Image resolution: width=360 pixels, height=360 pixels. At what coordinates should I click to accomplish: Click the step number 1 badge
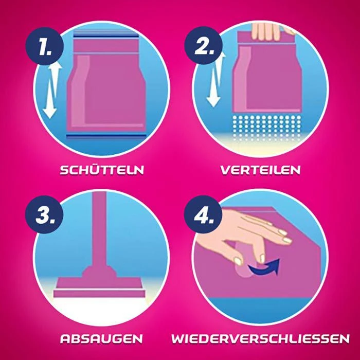click(x=44, y=46)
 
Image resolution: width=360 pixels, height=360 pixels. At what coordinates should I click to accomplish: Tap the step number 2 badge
click(x=203, y=46)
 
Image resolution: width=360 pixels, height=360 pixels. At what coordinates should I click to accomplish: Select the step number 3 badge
click(x=44, y=214)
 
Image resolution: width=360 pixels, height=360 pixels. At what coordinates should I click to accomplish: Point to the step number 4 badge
click(x=203, y=214)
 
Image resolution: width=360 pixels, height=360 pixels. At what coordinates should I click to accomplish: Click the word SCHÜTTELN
click(x=102, y=169)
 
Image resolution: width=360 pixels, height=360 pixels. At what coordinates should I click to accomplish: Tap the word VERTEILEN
click(x=261, y=170)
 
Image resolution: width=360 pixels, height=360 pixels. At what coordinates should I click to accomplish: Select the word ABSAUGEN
click(x=101, y=338)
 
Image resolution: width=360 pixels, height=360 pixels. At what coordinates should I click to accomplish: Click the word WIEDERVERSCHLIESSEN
click(x=261, y=338)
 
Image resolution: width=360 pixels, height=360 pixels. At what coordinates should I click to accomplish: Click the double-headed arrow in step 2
click(x=216, y=78)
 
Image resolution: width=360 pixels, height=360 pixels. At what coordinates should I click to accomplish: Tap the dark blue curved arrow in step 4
click(x=265, y=267)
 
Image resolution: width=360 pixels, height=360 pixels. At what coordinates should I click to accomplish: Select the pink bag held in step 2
click(x=267, y=71)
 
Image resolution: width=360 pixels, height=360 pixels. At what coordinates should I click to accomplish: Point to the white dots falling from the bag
click(x=266, y=128)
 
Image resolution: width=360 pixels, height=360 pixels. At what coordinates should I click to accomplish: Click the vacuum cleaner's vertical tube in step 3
click(x=99, y=229)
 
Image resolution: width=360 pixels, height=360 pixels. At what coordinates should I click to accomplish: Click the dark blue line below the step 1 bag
click(x=106, y=136)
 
